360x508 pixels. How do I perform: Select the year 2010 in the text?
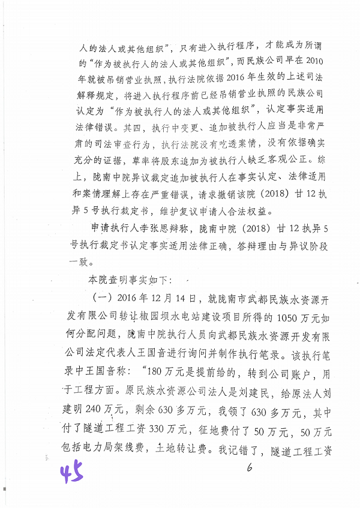(x=312, y=61)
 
